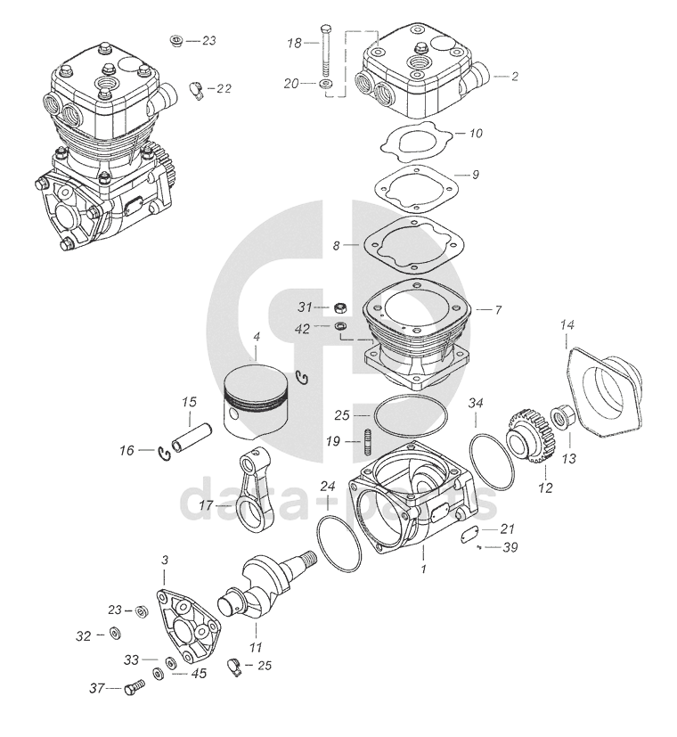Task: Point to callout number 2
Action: (x=513, y=76)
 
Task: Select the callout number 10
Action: (x=475, y=134)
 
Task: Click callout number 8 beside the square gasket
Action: (x=337, y=245)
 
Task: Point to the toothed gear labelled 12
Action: (x=528, y=441)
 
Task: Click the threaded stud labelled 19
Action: (x=366, y=441)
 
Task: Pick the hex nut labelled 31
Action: (x=339, y=307)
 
